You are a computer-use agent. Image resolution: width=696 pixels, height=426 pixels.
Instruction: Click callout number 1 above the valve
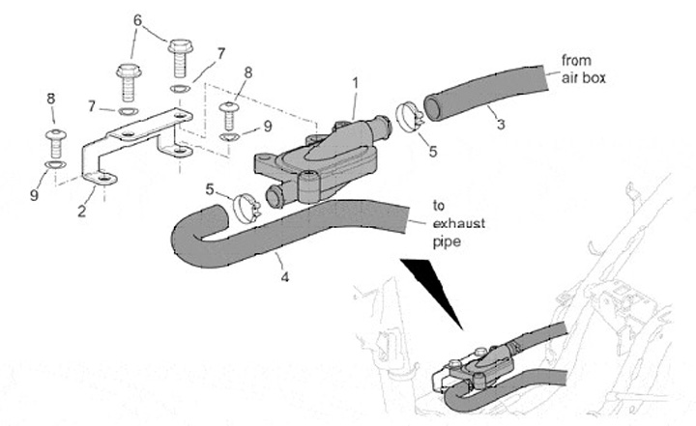tap(355, 84)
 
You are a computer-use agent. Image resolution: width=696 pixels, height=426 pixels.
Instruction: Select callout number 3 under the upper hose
tap(500, 123)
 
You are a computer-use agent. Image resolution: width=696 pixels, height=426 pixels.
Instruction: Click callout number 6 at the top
tap(136, 19)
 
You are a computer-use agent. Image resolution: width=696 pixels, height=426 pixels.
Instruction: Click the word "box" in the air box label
tap(594, 77)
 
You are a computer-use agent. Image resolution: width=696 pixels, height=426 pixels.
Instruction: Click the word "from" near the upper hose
tap(577, 62)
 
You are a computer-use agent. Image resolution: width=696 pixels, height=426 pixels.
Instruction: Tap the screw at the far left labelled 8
tap(56, 142)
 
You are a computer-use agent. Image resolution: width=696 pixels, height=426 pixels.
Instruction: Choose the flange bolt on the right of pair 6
tap(180, 57)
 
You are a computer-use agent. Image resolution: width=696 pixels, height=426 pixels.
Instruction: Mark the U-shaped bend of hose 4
tap(186, 240)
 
